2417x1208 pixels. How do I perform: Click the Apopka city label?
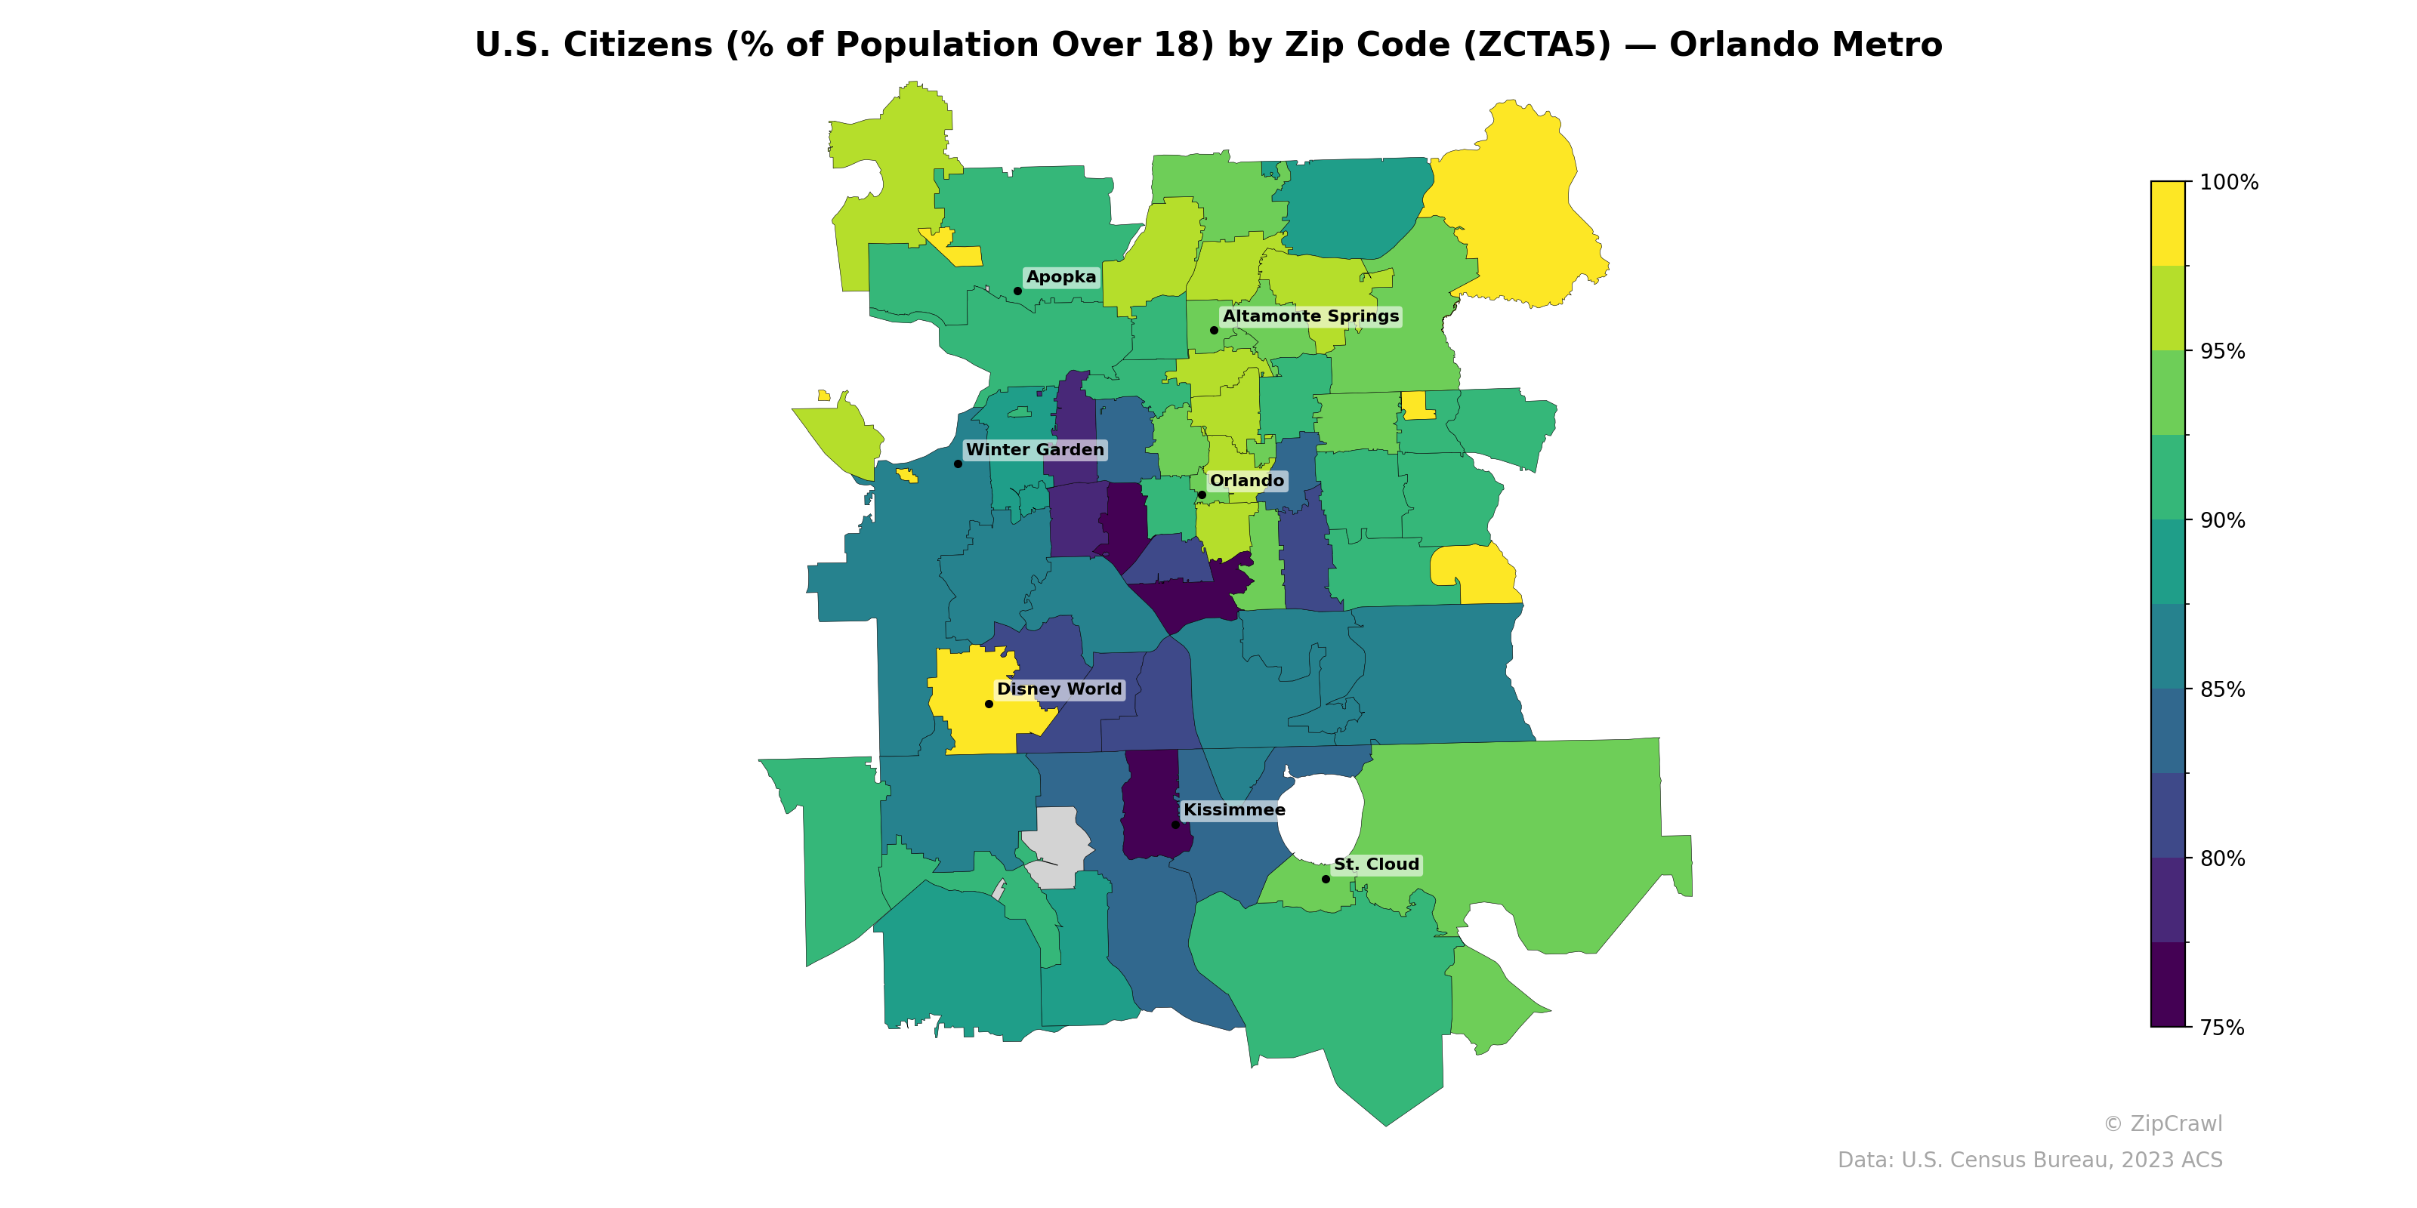pos(1060,276)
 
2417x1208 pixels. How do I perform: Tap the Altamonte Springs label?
pos(1310,316)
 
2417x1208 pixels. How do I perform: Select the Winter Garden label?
pos(1035,449)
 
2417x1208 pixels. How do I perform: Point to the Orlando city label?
pos(1246,480)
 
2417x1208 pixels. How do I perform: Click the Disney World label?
pos(1058,689)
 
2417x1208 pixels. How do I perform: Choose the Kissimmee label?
pos(1234,809)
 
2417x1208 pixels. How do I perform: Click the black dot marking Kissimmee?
pos(1176,824)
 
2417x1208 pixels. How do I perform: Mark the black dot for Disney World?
pos(989,704)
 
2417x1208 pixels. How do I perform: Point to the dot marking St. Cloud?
pos(1326,879)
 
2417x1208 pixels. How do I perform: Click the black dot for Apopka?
pos(1018,291)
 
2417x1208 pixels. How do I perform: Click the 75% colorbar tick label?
pos(2222,1027)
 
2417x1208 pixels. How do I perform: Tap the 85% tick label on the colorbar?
pos(2222,689)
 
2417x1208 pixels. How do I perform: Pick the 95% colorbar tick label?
pos(2222,352)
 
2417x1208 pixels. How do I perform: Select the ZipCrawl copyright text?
pos(2162,1123)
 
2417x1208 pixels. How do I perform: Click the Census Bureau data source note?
pos(2030,1160)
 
